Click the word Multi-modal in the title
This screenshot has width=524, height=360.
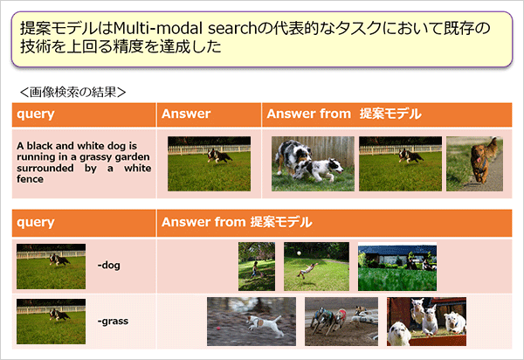click(158, 29)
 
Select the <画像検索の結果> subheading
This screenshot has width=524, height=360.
click(72, 92)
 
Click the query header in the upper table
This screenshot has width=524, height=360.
click(36, 114)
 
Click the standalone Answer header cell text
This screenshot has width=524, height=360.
click(186, 114)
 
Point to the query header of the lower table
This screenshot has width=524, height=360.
click(36, 222)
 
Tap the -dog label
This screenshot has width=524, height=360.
click(108, 265)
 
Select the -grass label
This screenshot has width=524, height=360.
click(113, 322)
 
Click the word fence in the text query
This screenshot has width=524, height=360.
click(30, 179)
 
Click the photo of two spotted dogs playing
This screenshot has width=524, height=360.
click(313, 163)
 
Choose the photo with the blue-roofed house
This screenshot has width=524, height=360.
click(397, 267)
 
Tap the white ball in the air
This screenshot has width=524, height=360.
click(299, 253)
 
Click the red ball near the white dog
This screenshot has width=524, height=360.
click(218, 329)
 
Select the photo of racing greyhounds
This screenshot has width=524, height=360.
click(341, 322)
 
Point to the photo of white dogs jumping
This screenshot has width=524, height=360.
click(426, 322)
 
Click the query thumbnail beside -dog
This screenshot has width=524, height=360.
click(52, 267)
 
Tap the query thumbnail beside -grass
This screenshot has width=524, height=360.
click(52, 322)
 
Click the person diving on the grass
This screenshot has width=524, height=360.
click(307, 270)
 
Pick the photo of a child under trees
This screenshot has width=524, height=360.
click(257, 267)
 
